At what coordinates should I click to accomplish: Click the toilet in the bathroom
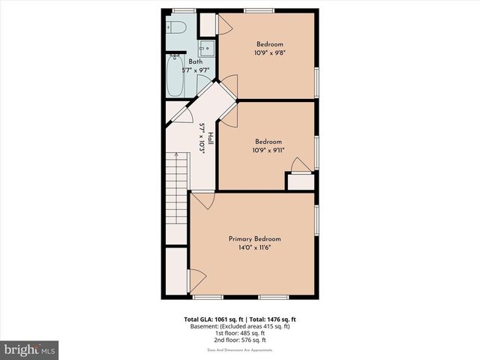pos(177,27)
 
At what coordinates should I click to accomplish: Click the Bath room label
pos(195,61)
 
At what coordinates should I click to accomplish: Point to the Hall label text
pos(211,139)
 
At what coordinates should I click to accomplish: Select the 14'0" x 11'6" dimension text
pos(255,247)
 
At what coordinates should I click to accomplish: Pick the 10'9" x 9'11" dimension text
pos(268,150)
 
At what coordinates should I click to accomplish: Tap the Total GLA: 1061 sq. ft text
pos(212,319)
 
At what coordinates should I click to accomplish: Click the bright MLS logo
pos(30,349)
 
